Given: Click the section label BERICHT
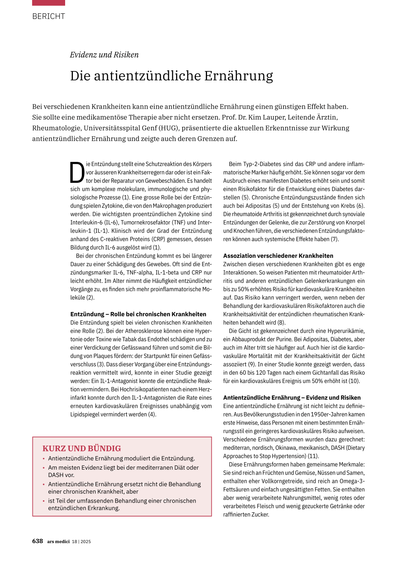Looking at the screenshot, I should point(48,16).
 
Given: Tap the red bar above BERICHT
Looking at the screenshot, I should point(48,3).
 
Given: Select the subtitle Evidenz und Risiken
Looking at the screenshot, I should point(104,55).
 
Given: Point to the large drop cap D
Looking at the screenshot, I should point(77,172).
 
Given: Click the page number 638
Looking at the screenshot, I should point(37,541).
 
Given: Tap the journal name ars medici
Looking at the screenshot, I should point(58,541).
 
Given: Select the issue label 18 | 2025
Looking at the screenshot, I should point(81,541).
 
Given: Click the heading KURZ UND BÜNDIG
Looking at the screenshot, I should point(81,448).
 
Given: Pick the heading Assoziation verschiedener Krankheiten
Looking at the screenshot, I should point(278,256).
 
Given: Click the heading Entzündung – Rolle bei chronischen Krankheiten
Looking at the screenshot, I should point(138,314).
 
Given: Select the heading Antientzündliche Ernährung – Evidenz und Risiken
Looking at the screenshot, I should point(292,397).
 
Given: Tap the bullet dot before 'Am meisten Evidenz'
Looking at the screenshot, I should point(44,468).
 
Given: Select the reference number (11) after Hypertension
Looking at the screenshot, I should point(313,456).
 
